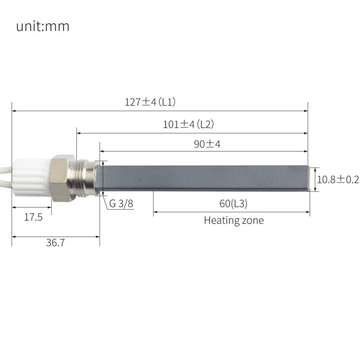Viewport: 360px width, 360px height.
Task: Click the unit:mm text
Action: tap(43, 27)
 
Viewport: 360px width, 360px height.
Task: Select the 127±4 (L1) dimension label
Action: tap(150, 102)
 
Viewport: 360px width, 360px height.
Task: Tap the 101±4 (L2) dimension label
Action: tap(189, 124)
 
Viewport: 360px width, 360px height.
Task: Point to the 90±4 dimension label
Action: tap(207, 144)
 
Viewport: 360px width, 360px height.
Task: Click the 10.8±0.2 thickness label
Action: tap(338, 179)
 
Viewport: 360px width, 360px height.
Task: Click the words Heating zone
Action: tap(233, 220)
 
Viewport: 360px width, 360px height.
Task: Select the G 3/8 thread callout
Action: tap(121, 204)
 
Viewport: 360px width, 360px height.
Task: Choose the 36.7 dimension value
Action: tap(55, 243)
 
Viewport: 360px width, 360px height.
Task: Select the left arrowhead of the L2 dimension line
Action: tap(79, 133)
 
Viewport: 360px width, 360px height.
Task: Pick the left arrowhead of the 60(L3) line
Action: tap(155, 212)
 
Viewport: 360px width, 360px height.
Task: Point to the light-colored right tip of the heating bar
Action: tap(311, 178)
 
